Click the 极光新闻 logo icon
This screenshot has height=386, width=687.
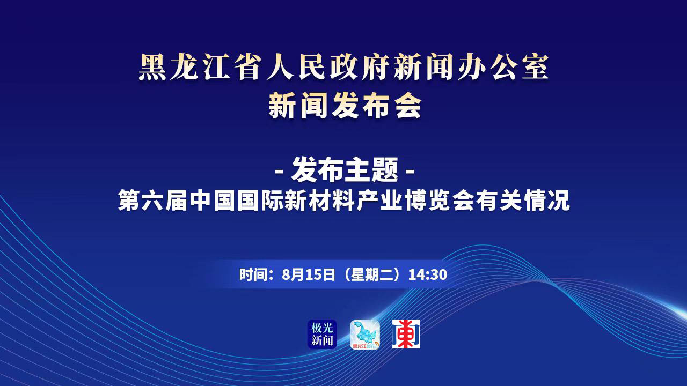click(322, 334)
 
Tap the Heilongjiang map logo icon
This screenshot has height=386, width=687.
click(364, 334)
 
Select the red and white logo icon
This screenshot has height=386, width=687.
click(406, 334)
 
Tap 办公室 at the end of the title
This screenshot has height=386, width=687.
click(502, 68)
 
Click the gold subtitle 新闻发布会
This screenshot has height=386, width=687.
click(345, 106)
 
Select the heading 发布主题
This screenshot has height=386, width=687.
click(345, 169)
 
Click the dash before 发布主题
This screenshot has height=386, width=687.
click(279, 171)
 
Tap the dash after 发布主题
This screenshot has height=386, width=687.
click(411, 171)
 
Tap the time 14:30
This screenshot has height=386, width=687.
click(428, 274)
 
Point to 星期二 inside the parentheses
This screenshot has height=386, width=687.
click(371, 274)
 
